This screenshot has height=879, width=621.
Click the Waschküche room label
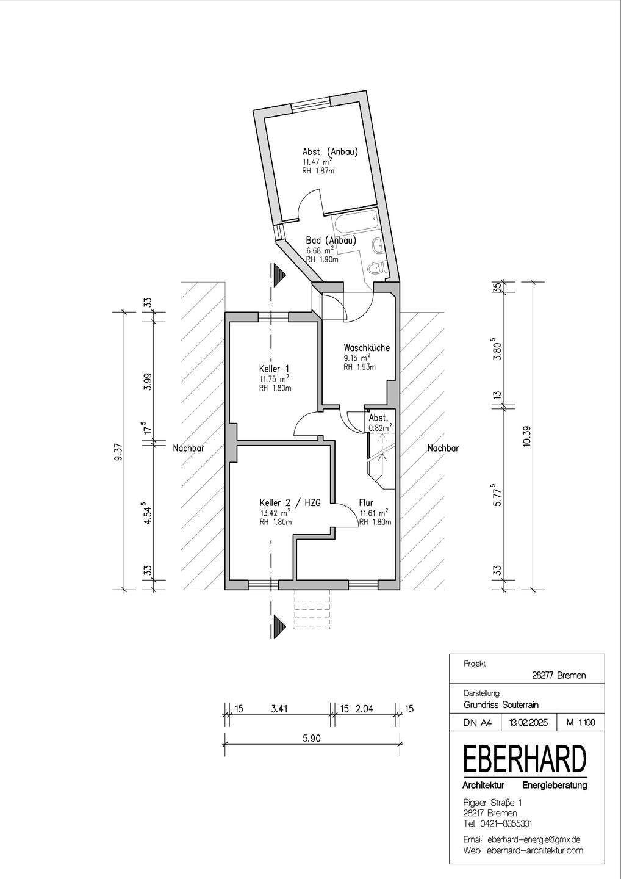click(366, 348)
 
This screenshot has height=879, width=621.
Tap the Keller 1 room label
click(274, 369)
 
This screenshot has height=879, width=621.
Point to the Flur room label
click(366, 503)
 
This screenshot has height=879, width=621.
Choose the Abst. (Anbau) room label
click(330, 152)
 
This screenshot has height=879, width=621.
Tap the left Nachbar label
click(188, 448)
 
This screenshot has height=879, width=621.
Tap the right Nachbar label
click(443, 448)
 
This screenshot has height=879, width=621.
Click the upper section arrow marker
click(279, 275)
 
